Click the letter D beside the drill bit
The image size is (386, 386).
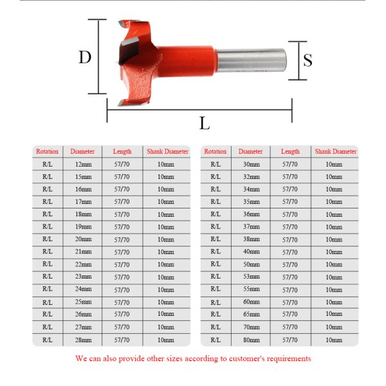[x=85, y=57]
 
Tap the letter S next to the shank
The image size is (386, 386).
[x=308, y=60]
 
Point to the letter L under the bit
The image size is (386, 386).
[x=205, y=123]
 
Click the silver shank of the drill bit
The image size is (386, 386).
[x=252, y=60]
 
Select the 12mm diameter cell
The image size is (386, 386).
[x=83, y=164]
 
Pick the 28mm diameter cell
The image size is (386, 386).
[x=83, y=340]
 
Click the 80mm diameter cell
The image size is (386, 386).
[x=252, y=340]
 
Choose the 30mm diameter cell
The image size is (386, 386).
[x=252, y=164]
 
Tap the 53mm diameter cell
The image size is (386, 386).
[x=252, y=277]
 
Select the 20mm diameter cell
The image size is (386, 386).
[x=83, y=239]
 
